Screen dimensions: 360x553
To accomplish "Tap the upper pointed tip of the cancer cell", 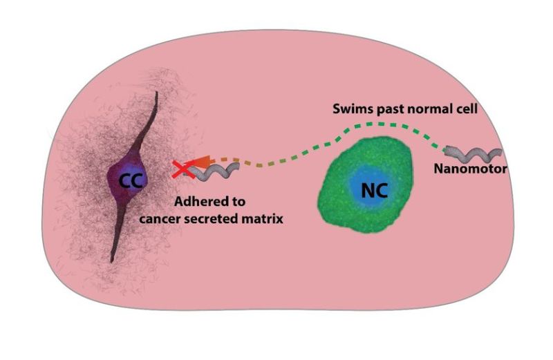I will click(x=158, y=95).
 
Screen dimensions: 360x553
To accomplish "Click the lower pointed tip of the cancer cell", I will click(x=113, y=260).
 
